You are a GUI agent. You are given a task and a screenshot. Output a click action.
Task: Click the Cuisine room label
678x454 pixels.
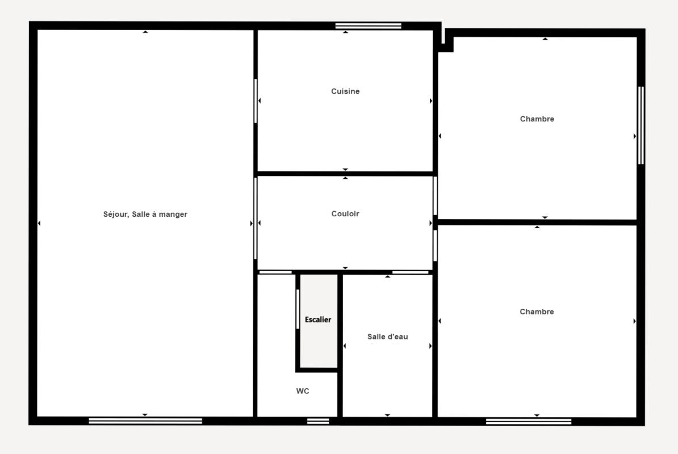345,91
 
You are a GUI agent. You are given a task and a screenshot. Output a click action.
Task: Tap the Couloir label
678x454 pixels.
345,213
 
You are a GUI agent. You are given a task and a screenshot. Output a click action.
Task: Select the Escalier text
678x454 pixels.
318,320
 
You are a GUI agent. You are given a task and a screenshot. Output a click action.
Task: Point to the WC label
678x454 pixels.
303,391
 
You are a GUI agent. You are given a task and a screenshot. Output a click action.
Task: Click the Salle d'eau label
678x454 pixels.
387,337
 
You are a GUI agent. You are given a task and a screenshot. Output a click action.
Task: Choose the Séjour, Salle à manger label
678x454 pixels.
145,215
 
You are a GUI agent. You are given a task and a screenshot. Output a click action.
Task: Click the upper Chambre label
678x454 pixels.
537,119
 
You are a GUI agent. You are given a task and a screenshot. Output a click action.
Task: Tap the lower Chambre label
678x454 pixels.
537,312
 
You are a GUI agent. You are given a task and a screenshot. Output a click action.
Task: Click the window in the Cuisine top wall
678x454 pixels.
369,26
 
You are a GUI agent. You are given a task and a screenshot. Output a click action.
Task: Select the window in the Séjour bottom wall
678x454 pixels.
145,421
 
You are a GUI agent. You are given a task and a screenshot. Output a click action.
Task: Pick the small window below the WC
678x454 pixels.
318,421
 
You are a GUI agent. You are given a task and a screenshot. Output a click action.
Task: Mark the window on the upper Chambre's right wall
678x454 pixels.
641,125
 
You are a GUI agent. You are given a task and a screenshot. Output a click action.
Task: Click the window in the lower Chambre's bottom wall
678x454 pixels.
529,421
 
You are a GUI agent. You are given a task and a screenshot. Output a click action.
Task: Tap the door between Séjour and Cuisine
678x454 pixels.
256,100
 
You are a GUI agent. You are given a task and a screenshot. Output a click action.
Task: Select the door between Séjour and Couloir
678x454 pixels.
256,218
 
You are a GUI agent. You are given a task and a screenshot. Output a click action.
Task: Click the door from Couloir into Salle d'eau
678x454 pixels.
411,272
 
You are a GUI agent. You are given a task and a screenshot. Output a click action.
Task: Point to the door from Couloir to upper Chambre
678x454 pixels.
435,196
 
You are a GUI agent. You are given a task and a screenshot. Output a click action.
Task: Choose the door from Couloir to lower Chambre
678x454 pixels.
435,245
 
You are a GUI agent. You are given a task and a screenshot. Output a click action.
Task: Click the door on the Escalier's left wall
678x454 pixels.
298,309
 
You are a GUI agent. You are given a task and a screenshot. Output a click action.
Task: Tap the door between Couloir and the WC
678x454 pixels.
275,272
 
